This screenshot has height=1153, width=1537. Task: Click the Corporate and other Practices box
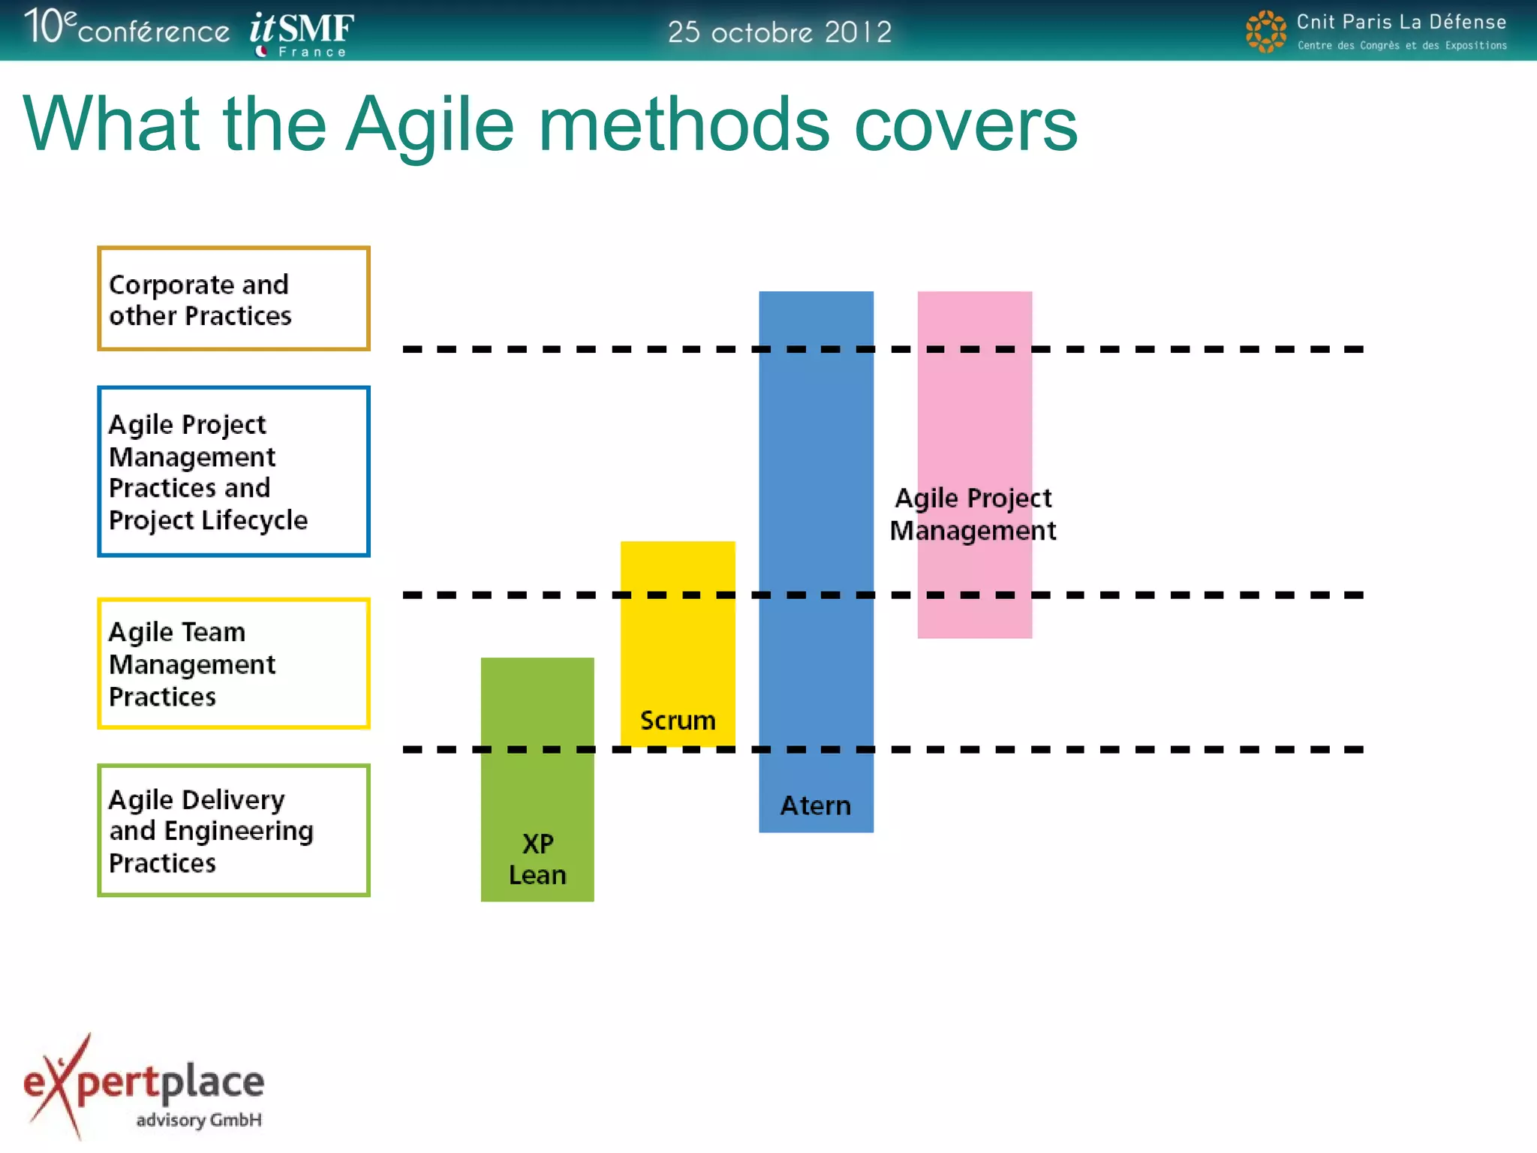(233, 299)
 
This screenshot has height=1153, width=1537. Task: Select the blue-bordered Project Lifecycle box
(233, 471)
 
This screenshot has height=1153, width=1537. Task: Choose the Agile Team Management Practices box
(233, 664)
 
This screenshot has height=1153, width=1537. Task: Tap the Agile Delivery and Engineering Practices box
(233, 830)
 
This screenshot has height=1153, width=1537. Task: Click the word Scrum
(678, 721)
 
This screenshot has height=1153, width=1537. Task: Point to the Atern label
(816, 805)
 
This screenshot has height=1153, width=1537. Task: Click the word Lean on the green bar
(537, 875)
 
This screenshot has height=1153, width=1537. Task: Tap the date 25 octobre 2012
(779, 32)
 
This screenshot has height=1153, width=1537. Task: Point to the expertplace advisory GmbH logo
(144, 1087)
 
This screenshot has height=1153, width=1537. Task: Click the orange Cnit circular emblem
(1265, 32)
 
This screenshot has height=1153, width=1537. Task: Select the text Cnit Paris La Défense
(1401, 22)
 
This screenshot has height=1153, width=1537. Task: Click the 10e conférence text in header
(126, 29)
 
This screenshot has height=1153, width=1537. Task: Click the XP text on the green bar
(538, 844)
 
